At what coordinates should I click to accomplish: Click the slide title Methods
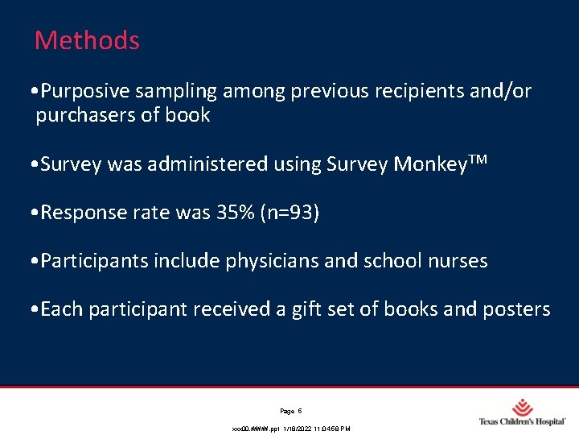point(87,40)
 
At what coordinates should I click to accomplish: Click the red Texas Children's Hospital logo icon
point(524,407)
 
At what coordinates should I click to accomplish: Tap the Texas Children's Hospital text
point(522,421)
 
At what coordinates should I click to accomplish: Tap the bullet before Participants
point(30,261)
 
